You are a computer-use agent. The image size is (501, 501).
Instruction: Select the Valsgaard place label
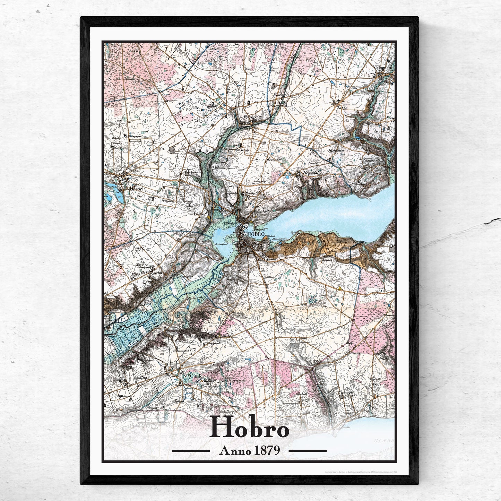[382, 68]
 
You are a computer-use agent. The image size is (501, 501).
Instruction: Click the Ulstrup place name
[279, 95]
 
